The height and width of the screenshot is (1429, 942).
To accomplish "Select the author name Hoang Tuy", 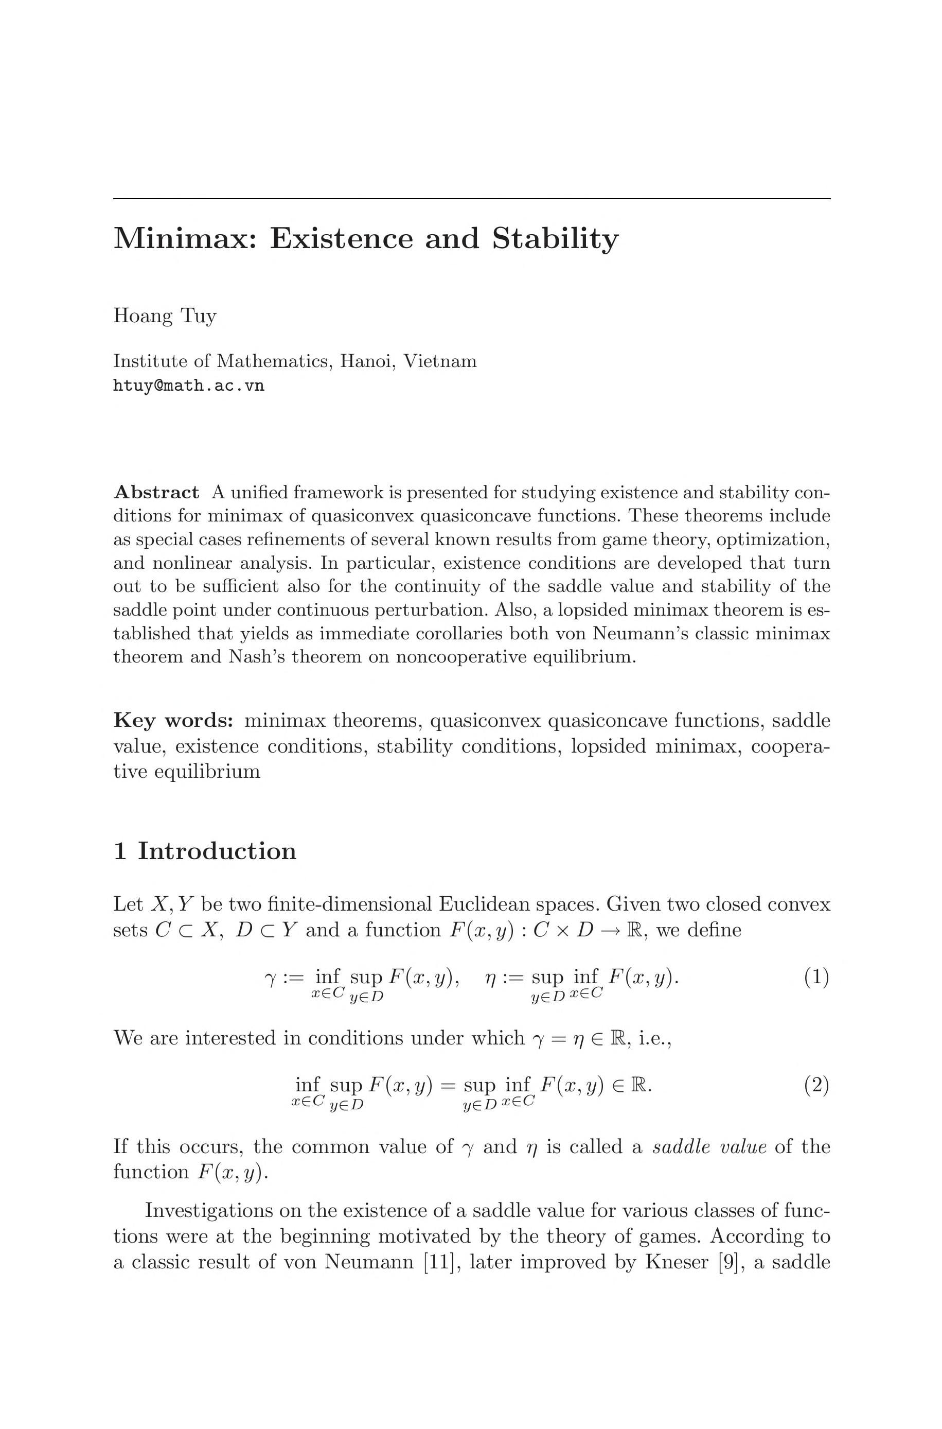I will pyautogui.click(x=165, y=316).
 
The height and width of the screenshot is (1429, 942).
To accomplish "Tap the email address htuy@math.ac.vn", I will pyautogui.click(x=189, y=386).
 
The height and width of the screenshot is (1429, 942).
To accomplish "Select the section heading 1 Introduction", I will pyautogui.click(x=205, y=851).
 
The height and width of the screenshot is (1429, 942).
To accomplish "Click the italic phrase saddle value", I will pyautogui.click(x=709, y=1146).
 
